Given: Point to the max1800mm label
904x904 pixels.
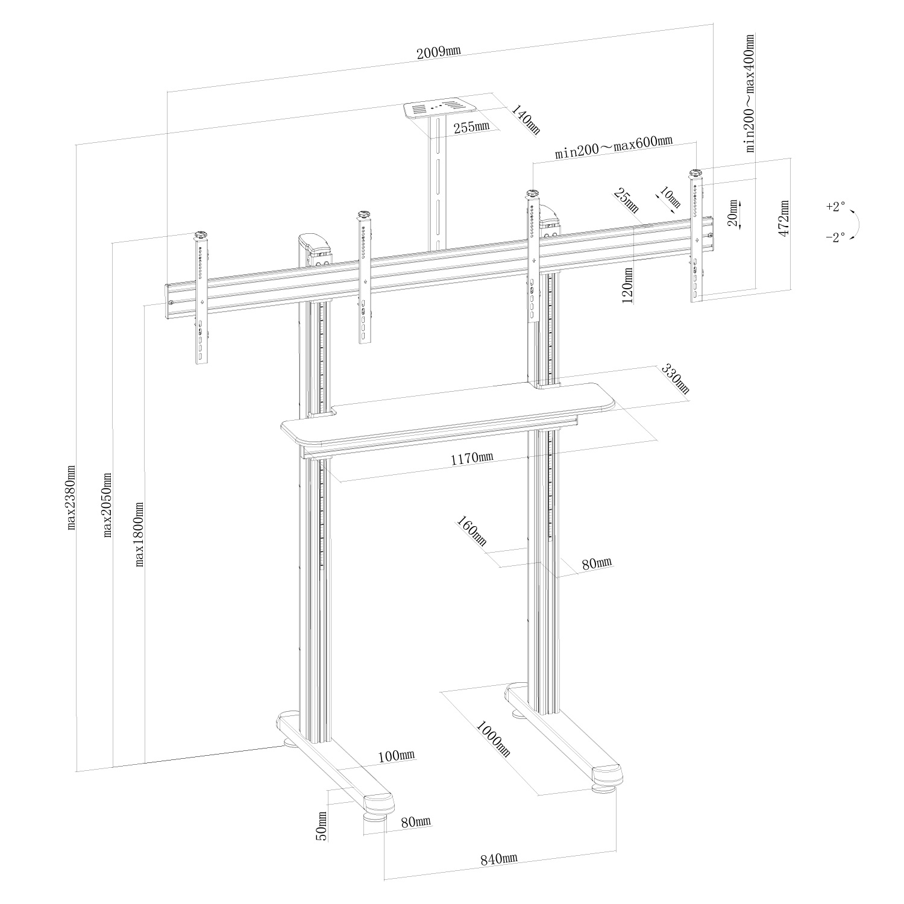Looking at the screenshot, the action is [x=140, y=534].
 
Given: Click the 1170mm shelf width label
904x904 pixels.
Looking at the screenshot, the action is [x=472, y=457].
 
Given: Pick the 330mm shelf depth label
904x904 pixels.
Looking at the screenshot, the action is [x=675, y=378].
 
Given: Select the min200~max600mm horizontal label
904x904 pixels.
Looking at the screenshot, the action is [x=614, y=147].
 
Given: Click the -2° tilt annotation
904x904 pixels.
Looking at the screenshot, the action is [x=835, y=237].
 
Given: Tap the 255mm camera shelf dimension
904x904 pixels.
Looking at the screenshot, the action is [x=473, y=127].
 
